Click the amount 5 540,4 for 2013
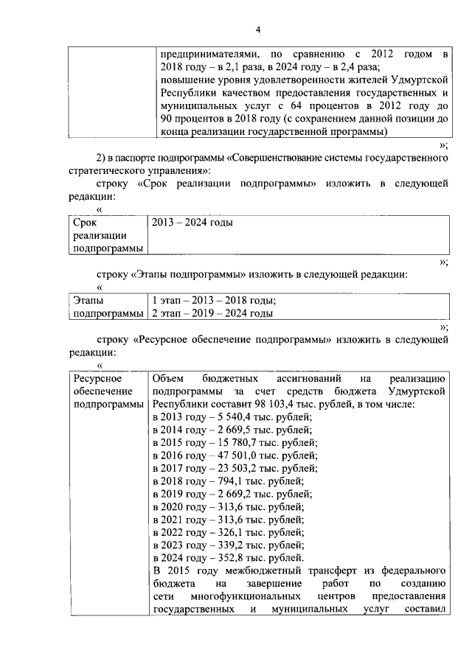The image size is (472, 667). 215,416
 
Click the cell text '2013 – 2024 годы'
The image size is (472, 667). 192,222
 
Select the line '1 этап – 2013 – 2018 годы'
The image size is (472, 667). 214,301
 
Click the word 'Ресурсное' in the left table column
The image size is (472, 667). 95,378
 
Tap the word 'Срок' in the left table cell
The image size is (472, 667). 86,222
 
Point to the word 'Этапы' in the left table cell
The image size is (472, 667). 88,301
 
